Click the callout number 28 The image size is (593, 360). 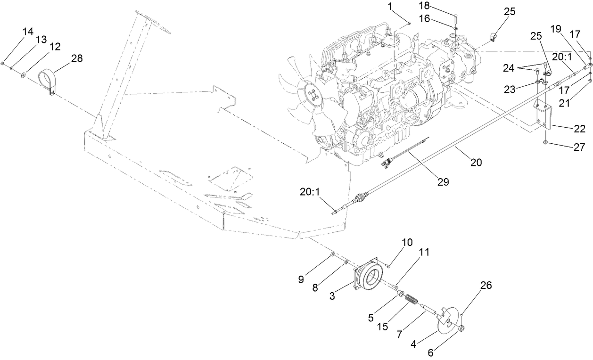click(76, 58)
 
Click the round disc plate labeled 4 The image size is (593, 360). click(445, 322)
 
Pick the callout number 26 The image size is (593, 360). click(486, 285)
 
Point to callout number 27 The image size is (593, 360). click(578, 147)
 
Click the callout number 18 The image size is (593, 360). click(424, 5)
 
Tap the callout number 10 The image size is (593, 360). click(407, 242)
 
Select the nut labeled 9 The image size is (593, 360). click(332, 254)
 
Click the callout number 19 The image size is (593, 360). click(556, 29)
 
